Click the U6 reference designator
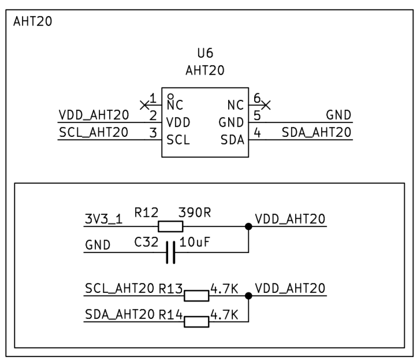point(205,54)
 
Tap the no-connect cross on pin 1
point(144,105)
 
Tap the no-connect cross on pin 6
point(266,105)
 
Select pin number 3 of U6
point(152,132)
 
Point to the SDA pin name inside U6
point(232,140)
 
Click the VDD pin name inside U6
point(178,123)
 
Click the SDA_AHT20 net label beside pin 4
point(317,132)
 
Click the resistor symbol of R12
point(170,227)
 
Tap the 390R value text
point(195,212)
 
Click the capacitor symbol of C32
point(170,252)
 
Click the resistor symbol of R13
point(196,296)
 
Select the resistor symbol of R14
point(196,321)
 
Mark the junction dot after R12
point(249,227)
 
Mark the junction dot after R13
point(249,296)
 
